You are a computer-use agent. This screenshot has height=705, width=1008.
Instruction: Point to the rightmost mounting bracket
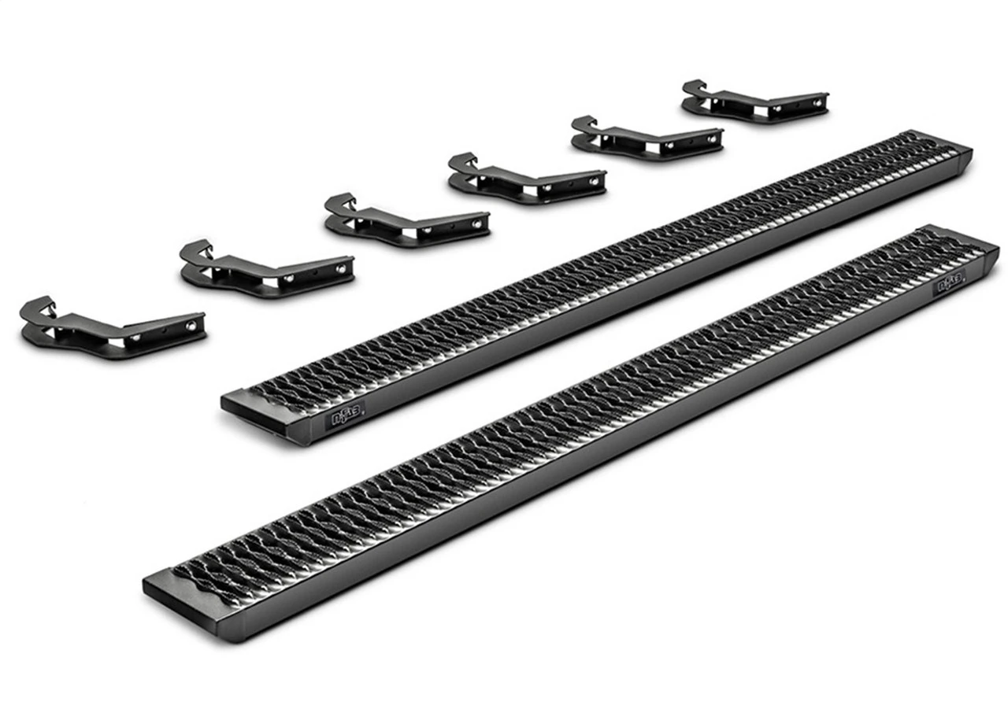click(754, 102)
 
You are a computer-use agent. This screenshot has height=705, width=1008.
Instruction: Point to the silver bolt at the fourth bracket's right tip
click(597, 178)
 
